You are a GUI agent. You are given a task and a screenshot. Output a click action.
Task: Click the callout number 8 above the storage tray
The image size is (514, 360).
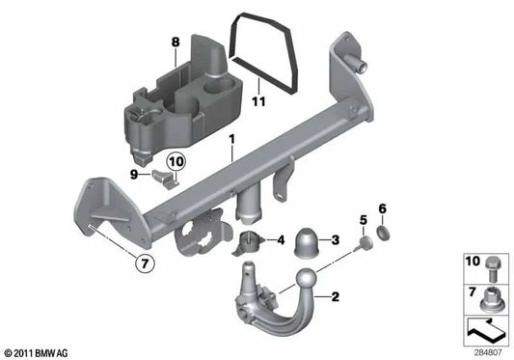pos(175,42)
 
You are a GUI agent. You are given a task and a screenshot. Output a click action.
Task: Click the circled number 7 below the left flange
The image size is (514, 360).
pos(143,262)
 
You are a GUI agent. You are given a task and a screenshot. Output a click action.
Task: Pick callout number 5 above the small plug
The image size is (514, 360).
pos(365,221)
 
